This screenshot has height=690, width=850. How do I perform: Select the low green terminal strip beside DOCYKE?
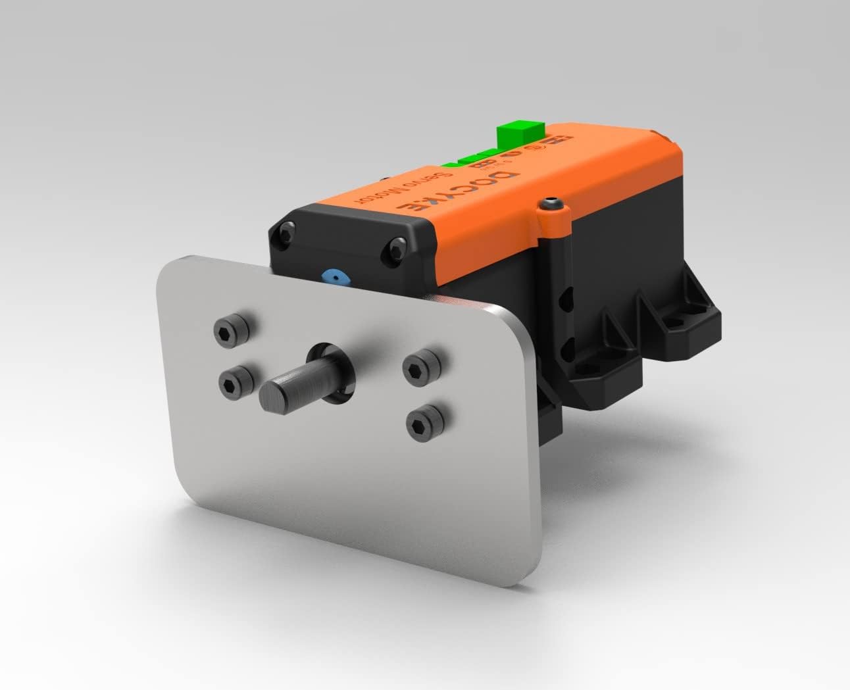tap(470, 159)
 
